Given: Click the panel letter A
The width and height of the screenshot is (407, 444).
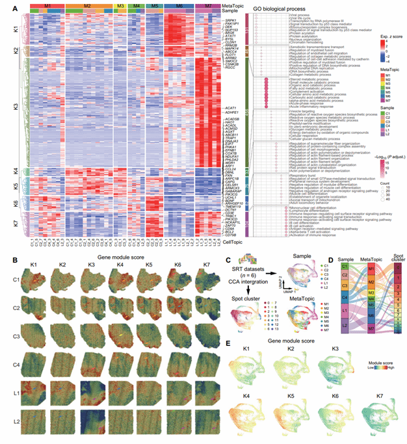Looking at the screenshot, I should pyautogui.click(x=5, y=5).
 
